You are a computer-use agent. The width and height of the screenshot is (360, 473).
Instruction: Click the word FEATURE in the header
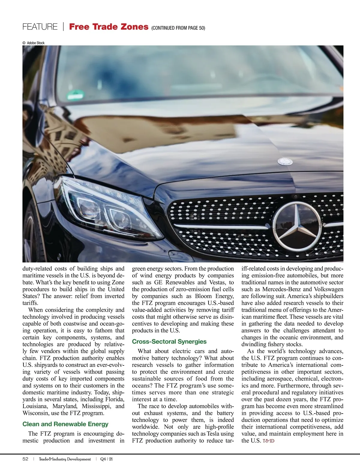click(x=40, y=27)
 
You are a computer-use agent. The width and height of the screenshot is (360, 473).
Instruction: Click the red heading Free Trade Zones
click(x=109, y=27)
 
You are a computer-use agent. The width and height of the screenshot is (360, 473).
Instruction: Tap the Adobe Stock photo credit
click(x=34, y=43)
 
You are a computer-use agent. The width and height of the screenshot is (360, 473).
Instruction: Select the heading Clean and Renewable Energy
click(x=65, y=424)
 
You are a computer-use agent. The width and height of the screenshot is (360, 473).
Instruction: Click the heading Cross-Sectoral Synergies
click(x=169, y=342)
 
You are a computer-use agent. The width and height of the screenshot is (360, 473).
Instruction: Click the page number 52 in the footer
click(x=25, y=459)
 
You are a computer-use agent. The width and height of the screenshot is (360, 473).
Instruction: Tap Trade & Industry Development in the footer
click(x=65, y=459)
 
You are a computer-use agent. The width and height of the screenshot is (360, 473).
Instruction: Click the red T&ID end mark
click(x=268, y=441)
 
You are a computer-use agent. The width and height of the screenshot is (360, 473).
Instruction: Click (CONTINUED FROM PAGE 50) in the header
click(x=178, y=28)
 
